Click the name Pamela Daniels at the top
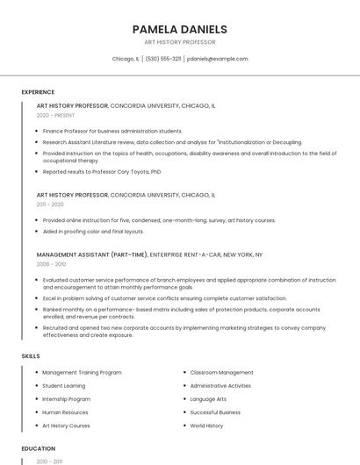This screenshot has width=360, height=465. [x=179, y=29]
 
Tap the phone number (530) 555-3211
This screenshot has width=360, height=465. [x=163, y=59]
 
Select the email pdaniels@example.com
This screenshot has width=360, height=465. [x=218, y=59]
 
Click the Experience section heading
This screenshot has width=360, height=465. [x=38, y=91]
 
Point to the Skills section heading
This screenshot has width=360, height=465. [x=31, y=355]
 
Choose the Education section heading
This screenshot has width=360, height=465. [x=38, y=447]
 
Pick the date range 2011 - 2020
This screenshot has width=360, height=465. [x=50, y=204]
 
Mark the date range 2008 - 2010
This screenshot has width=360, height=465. [x=51, y=263]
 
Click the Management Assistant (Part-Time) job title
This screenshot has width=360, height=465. [x=92, y=254]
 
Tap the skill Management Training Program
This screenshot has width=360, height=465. [x=82, y=372]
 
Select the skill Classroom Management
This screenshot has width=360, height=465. [x=221, y=372]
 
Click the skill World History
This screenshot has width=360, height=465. [x=206, y=425]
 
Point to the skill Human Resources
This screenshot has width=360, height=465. [x=65, y=411]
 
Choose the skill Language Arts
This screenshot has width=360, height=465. [x=208, y=398]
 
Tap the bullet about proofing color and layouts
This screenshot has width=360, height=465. [x=93, y=231]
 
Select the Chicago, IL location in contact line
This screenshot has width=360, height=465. [x=126, y=59]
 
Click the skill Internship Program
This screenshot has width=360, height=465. [x=66, y=398]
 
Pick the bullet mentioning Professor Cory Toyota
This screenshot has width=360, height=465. [x=102, y=171]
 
